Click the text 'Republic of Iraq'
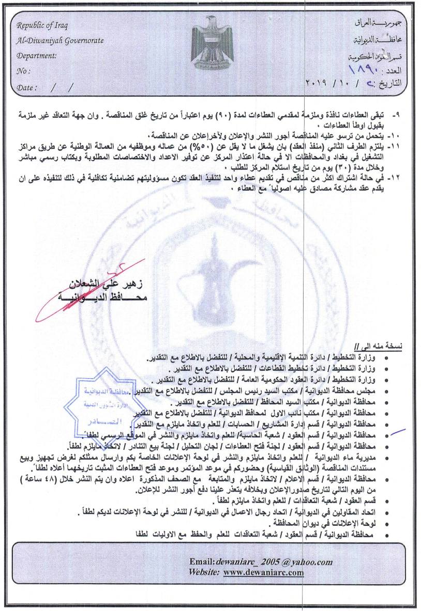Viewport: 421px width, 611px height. tap(42, 26)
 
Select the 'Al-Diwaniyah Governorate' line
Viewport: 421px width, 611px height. tap(60, 40)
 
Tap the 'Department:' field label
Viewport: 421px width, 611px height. tap(37, 56)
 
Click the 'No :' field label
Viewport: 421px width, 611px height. tap(24, 71)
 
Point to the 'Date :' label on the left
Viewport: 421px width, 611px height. tap(27, 87)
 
